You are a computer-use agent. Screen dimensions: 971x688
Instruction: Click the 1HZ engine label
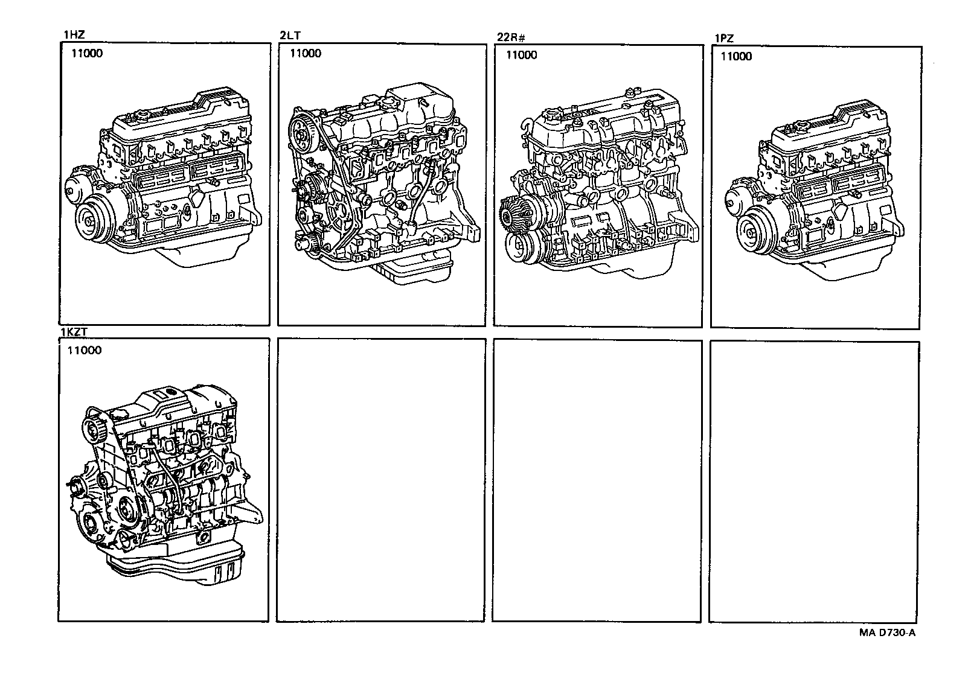pyautogui.click(x=74, y=34)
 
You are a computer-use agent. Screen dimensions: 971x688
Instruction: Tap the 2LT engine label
pyautogui.click(x=290, y=36)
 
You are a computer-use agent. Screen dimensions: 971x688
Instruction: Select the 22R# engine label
pyautogui.click(x=511, y=37)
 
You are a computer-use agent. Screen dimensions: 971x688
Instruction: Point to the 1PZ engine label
pyautogui.click(x=724, y=39)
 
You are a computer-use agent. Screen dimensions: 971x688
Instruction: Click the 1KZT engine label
pyautogui.click(x=74, y=332)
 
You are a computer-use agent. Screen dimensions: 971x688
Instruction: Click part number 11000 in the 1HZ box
pyautogui.click(x=87, y=53)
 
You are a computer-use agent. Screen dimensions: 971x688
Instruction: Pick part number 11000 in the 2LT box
pyautogui.click(x=305, y=53)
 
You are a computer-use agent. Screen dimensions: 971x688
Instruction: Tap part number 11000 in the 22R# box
pyautogui.click(x=522, y=55)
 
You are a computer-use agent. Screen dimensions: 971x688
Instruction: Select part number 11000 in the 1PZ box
pyautogui.click(x=736, y=56)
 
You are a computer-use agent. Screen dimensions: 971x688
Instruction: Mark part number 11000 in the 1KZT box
pyautogui.click(x=84, y=350)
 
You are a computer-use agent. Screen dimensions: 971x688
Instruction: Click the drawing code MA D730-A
pyautogui.click(x=887, y=632)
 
